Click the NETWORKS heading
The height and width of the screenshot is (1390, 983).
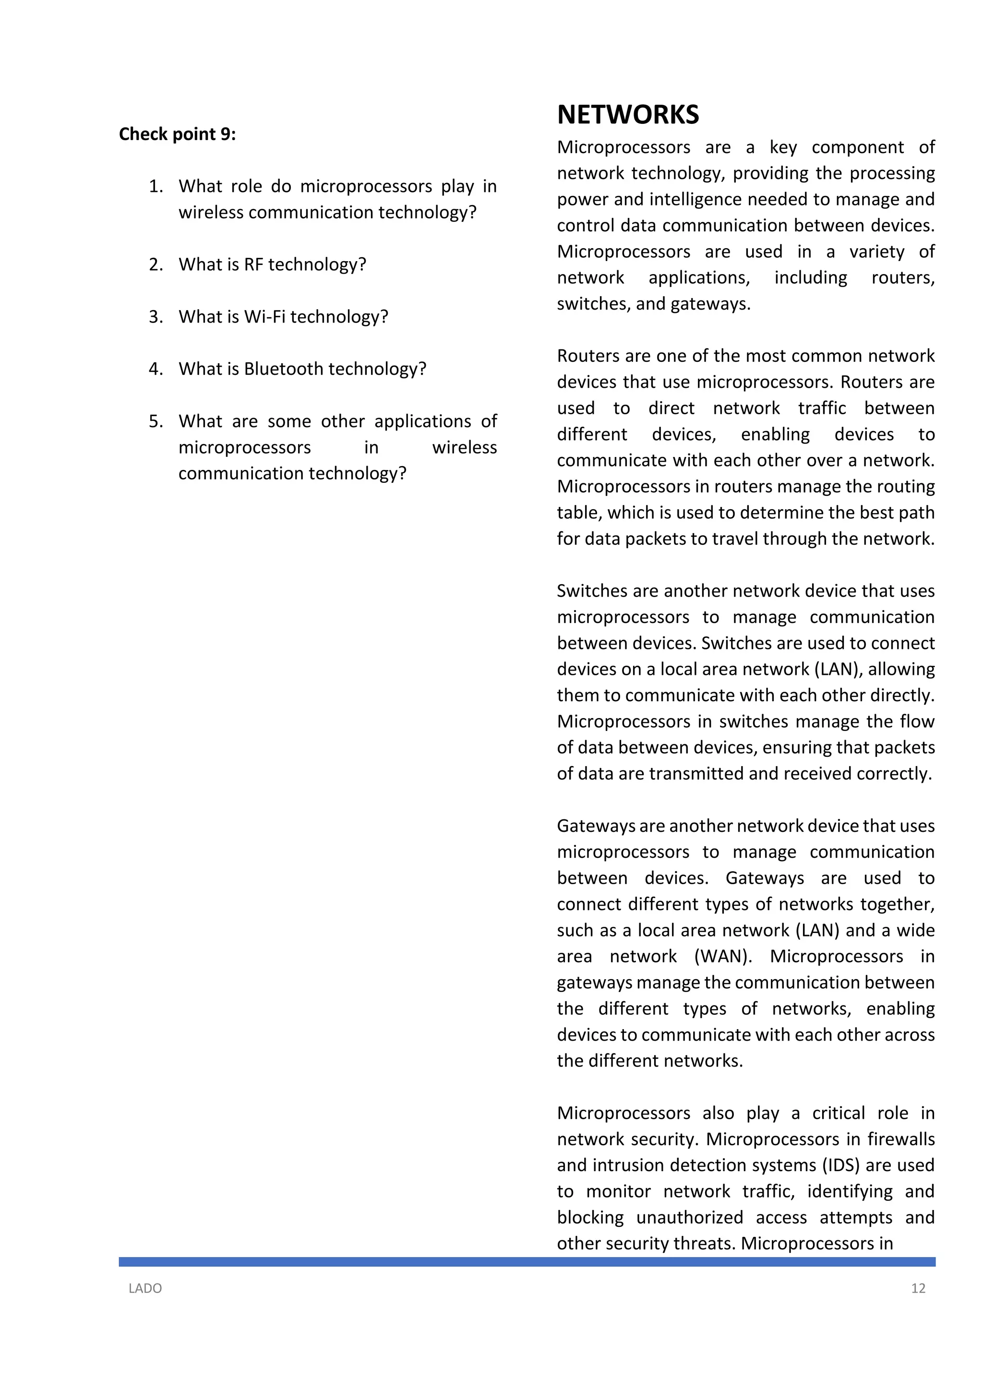pyautogui.click(x=628, y=115)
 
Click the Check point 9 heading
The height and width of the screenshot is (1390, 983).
pyautogui.click(x=177, y=134)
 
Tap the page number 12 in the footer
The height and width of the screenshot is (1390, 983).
pyautogui.click(x=918, y=1288)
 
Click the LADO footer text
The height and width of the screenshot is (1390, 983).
pyautogui.click(x=145, y=1288)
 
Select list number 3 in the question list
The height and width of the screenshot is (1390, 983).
pyautogui.click(x=156, y=317)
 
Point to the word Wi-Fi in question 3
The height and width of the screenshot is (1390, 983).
pyautogui.click(x=264, y=317)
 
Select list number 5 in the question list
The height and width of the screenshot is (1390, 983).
pyautogui.click(x=156, y=421)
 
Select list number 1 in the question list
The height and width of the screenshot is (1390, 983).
pyautogui.click(x=156, y=186)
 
